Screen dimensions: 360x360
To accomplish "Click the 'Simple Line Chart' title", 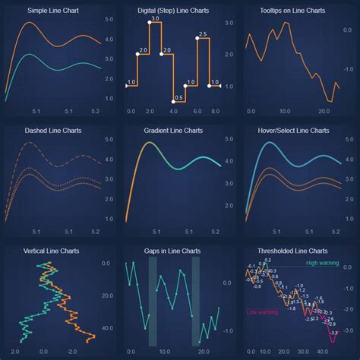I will tap(52, 11).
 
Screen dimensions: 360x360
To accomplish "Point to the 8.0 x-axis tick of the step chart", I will tap(215, 112).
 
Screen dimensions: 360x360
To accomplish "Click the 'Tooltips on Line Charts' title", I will tap(292, 11).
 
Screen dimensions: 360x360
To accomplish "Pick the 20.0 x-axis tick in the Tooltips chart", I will tap(323, 112).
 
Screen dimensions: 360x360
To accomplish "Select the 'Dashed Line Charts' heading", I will tap(52, 131).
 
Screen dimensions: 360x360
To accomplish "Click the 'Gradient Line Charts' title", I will tap(172, 131).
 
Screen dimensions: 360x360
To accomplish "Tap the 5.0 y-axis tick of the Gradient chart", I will tap(226, 140).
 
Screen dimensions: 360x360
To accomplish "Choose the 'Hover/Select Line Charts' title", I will tap(292, 131).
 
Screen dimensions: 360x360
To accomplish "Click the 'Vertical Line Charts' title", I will tap(52, 251).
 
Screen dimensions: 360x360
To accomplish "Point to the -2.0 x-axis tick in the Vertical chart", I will tap(72, 352).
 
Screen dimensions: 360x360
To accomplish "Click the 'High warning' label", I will tap(323, 264).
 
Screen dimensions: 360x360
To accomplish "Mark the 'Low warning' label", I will tap(263, 312).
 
